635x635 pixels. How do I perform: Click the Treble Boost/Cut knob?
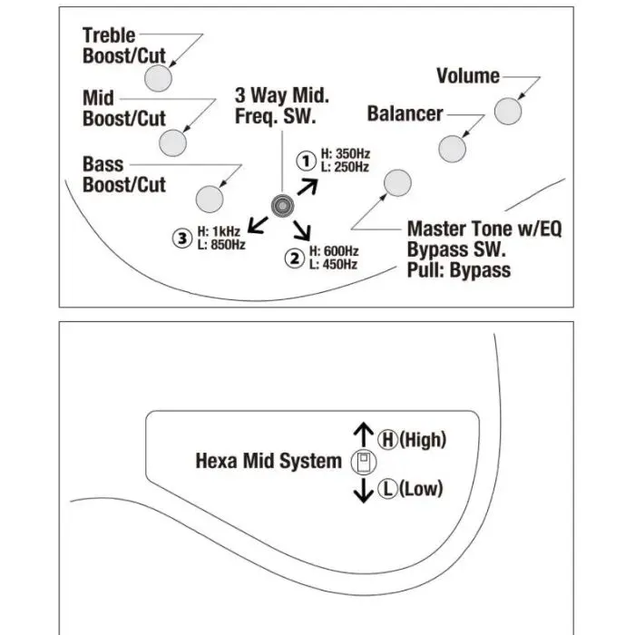pyautogui.click(x=158, y=78)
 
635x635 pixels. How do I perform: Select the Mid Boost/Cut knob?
pyautogui.click(x=172, y=143)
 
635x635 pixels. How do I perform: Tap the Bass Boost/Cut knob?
pyautogui.click(x=210, y=199)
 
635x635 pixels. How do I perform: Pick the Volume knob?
pyautogui.click(x=508, y=111)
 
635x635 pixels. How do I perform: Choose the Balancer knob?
pyautogui.click(x=452, y=149)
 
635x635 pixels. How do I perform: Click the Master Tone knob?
pyautogui.click(x=397, y=182)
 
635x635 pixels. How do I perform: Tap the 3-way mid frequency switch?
pyautogui.click(x=282, y=206)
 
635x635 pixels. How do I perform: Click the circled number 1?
pyautogui.click(x=307, y=161)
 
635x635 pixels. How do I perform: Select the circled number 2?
pyautogui.click(x=295, y=259)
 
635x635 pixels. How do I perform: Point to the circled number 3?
pyautogui.click(x=182, y=239)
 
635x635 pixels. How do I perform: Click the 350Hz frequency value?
pyautogui.click(x=353, y=154)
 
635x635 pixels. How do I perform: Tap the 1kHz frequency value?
pyautogui.click(x=226, y=231)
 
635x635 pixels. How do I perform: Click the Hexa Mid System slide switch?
pyautogui.click(x=363, y=462)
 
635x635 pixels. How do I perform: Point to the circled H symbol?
pyautogui.click(x=387, y=440)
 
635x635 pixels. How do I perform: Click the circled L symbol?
pyautogui.click(x=387, y=489)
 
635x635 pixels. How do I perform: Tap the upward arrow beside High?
pyautogui.click(x=363, y=435)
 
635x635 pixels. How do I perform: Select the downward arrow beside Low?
pyautogui.click(x=363, y=491)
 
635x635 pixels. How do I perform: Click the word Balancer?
pyautogui.click(x=405, y=113)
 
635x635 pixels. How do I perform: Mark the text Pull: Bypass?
pyautogui.click(x=459, y=270)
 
